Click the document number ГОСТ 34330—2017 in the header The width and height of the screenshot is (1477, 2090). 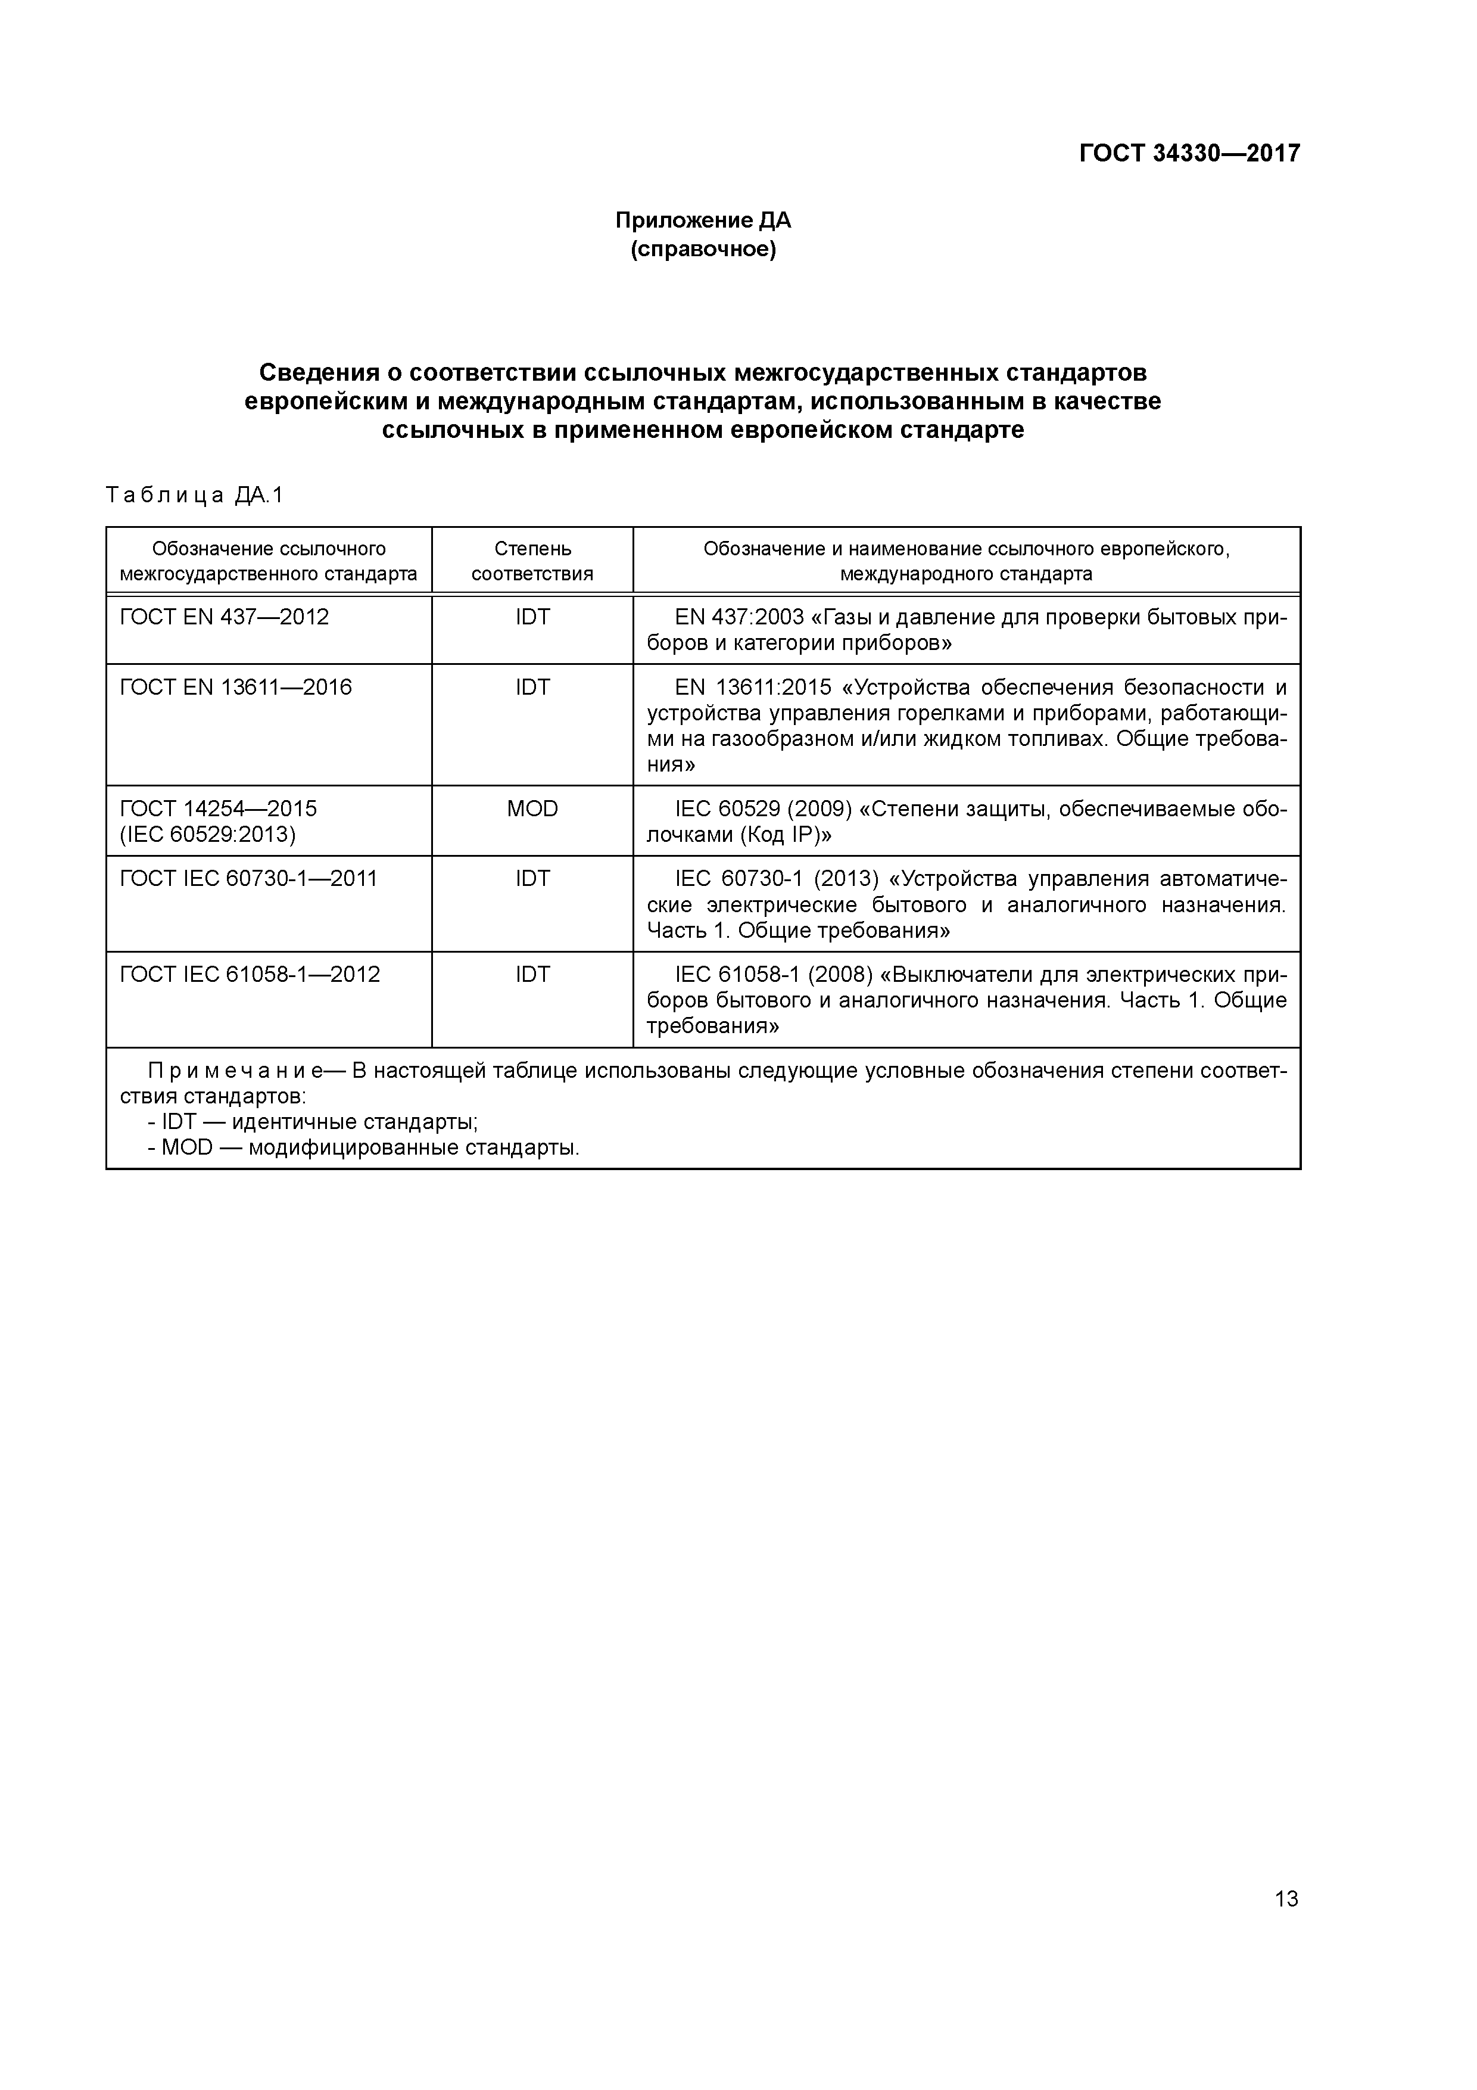[1189, 153]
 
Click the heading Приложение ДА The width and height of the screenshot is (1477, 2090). [703, 220]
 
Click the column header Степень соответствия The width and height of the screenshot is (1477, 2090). [532, 561]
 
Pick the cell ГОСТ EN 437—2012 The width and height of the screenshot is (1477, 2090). [224, 617]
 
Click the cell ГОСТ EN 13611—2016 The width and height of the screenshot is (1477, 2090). [236, 688]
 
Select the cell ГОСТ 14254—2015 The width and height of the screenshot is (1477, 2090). [219, 808]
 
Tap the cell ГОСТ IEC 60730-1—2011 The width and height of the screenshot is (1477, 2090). [248, 878]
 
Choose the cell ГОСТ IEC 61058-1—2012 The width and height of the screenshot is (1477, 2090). [250, 975]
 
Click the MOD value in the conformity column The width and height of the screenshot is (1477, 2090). [532, 808]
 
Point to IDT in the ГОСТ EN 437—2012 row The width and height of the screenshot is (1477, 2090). [532, 617]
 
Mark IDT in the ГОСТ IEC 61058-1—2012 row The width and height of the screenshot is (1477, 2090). [532, 975]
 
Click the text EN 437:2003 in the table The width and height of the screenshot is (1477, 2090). [739, 617]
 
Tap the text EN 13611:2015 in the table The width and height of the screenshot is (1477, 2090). [747, 688]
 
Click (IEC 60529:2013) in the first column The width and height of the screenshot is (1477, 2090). [207, 834]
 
